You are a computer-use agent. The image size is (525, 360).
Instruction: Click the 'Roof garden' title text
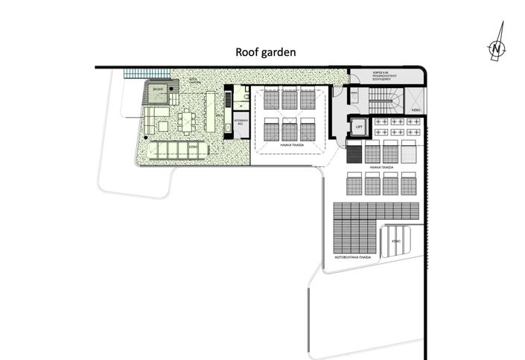click(x=266, y=52)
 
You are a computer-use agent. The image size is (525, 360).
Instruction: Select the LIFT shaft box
click(x=358, y=127)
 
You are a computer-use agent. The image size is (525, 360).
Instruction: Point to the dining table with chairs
click(x=190, y=120)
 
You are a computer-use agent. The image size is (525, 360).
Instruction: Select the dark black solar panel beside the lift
click(x=354, y=154)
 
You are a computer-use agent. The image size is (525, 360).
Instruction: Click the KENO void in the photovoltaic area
click(x=396, y=241)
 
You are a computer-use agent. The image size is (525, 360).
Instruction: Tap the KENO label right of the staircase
click(x=416, y=110)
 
